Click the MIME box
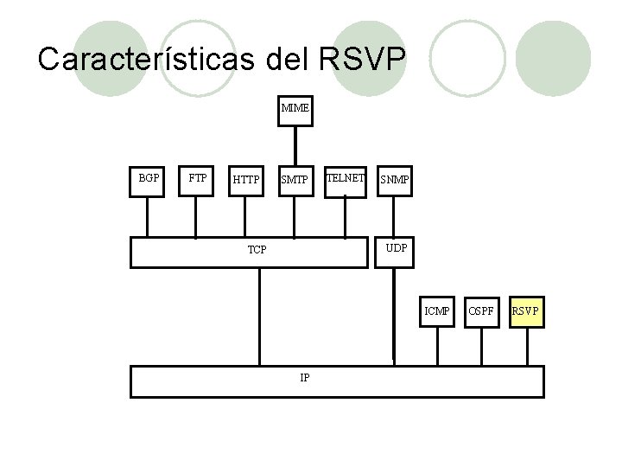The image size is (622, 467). pos(295,110)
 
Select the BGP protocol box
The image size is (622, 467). pos(148,178)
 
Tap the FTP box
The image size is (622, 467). pos(198,178)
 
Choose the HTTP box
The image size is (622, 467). pos(246,180)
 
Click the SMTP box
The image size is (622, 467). pos(295,180)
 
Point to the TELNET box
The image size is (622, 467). pos(345,178)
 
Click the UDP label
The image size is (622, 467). pos(397,247)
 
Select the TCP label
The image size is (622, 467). pos(257,250)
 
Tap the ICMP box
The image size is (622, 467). pos(436,310)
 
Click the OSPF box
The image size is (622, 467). pos(481,310)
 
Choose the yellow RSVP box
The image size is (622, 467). pos(526,310)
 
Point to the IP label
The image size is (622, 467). pos(305,378)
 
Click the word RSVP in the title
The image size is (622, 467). pos(362,60)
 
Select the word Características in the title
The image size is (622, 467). pos(143,60)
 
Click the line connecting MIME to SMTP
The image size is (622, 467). pos(295,145)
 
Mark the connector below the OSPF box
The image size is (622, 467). pos(481,346)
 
